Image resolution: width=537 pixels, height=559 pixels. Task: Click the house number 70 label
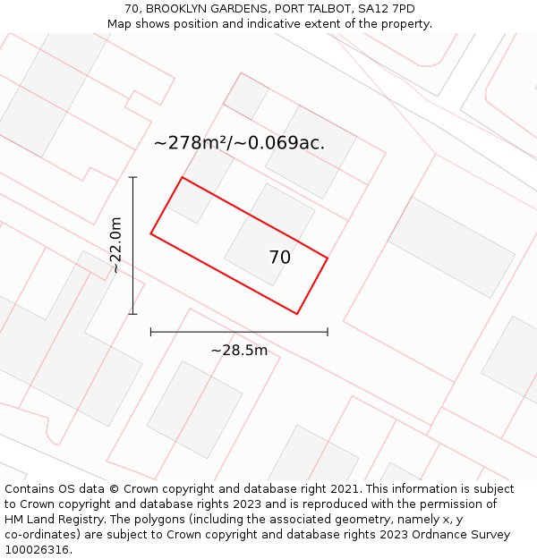(x=279, y=258)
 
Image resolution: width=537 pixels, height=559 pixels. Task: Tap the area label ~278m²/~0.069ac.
(x=239, y=143)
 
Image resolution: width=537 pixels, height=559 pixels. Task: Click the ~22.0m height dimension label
(x=115, y=245)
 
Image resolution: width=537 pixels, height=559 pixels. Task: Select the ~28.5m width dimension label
(x=239, y=351)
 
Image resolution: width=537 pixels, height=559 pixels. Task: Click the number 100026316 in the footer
(x=37, y=550)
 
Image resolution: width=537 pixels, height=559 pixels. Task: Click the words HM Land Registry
(x=48, y=520)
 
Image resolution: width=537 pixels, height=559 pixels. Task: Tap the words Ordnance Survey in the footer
(x=465, y=535)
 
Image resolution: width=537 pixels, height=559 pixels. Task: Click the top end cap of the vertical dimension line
(x=133, y=177)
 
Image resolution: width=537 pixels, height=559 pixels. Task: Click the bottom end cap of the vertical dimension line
(x=133, y=314)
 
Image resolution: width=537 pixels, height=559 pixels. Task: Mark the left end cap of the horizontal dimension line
(x=151, y=332)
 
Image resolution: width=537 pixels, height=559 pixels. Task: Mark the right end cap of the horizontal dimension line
(x=328, y=332)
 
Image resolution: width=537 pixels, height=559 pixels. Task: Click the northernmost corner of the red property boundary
(x=183, y=177)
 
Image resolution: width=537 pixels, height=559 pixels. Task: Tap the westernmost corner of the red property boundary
(x=151, y=233)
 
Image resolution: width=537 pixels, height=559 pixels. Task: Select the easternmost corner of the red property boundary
(x=328, y=258)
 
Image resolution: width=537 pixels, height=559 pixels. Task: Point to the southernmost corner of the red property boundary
(x=297, y=314)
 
